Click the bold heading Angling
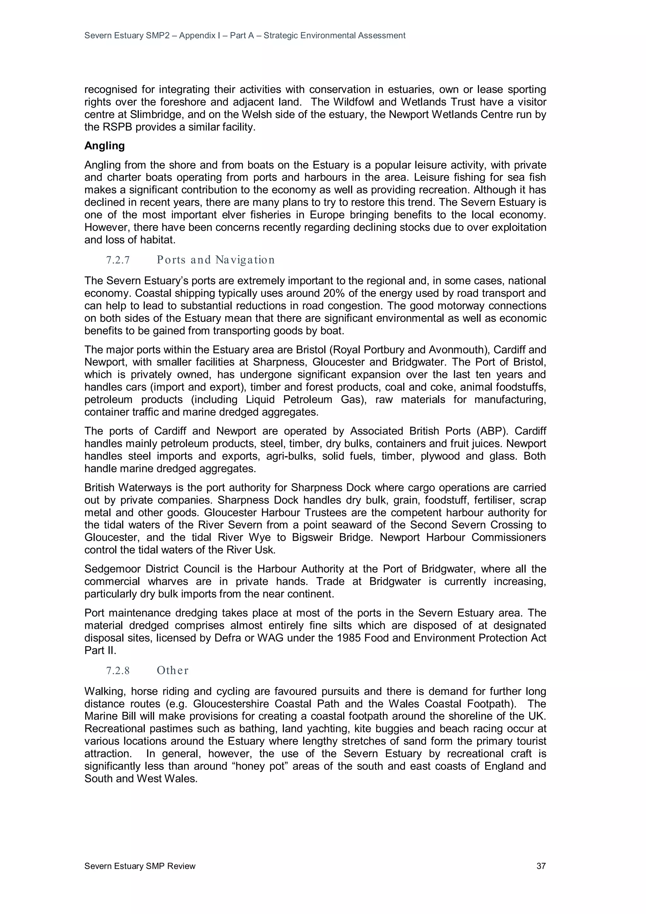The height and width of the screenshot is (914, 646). click(104, 146)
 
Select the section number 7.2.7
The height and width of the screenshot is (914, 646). click(118, 260)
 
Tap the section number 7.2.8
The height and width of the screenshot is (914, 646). click(118, 671)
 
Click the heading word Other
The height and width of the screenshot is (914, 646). click(172, 671)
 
